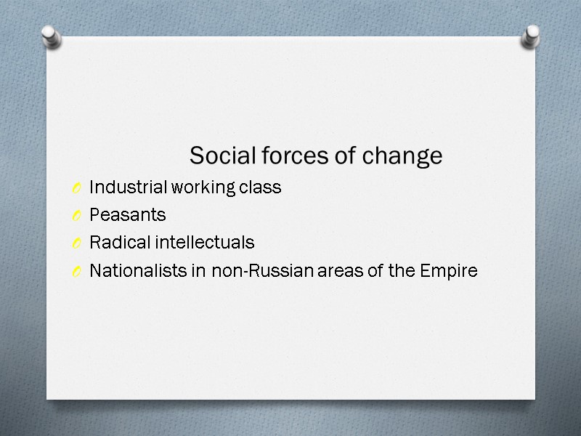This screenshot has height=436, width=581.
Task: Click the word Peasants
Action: (x=127, y=215)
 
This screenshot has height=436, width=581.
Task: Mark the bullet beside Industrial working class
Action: (x=77, y=189)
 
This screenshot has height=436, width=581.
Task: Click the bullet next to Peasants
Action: (x=77, y=217)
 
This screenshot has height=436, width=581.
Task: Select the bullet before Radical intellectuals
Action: (x=77, y=244)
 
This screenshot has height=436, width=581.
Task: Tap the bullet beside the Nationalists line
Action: (x=77, y=272)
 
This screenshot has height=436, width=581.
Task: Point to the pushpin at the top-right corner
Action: (x=531, y=37)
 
